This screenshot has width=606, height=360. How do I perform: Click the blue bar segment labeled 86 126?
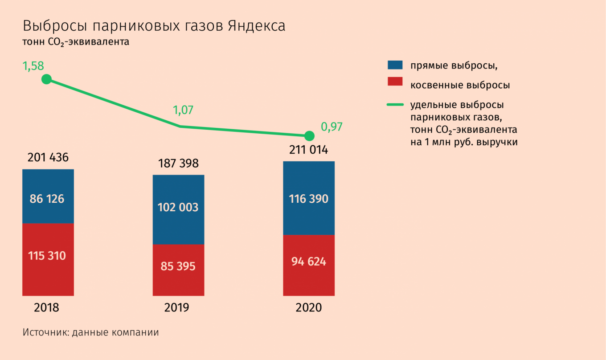pos(48,196)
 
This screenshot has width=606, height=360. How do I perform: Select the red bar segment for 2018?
pos(48,259)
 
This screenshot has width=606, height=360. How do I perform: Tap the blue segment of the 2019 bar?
pos(178,209)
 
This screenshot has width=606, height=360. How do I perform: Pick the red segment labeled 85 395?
pos(178,270)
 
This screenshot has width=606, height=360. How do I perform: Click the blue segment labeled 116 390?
pos(309,198)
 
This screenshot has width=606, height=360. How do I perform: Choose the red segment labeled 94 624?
pos(309,265)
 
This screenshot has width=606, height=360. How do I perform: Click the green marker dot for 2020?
pos(308,135)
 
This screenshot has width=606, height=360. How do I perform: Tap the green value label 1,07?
pos(184,110)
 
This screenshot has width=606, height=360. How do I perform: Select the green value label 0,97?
pos(332,127)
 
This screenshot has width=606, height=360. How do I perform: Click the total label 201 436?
pos(48,158)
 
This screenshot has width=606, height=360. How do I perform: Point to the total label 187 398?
pos(178,164)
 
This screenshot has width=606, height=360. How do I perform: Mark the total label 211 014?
pos(308,150)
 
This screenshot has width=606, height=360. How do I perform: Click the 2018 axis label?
pos(46,308)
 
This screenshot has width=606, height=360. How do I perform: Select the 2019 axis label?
pos(176,308)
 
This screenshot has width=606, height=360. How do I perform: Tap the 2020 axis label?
pos(308,308)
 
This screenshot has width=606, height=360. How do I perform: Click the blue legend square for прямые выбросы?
pos(395,65)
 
